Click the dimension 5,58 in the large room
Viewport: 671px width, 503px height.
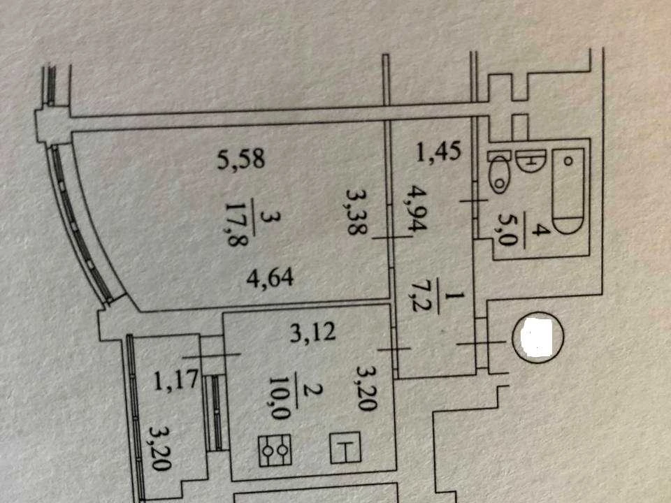[x=241, y=159]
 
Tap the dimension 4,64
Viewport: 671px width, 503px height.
[x=270, y=277]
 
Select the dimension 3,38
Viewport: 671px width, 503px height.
[x=356, y=212]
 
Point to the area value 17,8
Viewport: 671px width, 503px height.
[x=236, y=223]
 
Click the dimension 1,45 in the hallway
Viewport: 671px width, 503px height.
[x=439, y=152]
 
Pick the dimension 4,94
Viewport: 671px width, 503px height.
[x=414, y=208]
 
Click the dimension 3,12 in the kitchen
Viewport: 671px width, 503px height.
[x=313, y=332]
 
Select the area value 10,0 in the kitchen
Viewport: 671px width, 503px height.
[x=281, y=398]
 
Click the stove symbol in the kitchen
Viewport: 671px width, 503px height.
[x=275, y=451]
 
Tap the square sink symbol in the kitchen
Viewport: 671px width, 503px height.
[x=345, y=448]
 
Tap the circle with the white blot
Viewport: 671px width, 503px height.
[x=538, y=337]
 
